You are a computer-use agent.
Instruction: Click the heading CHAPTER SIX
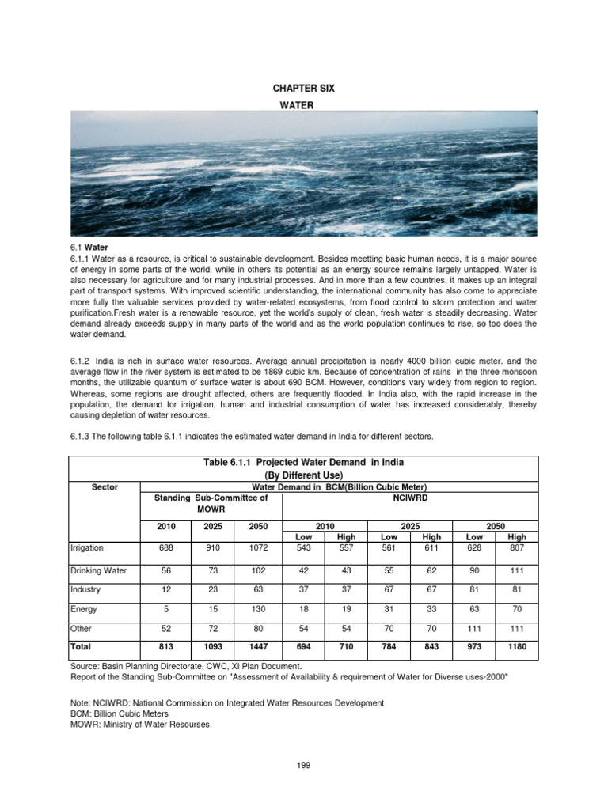[303, 89]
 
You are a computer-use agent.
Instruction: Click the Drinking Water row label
[99, 570]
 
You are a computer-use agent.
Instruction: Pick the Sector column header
[104, 487]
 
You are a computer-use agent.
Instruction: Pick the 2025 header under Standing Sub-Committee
[211, 525]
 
